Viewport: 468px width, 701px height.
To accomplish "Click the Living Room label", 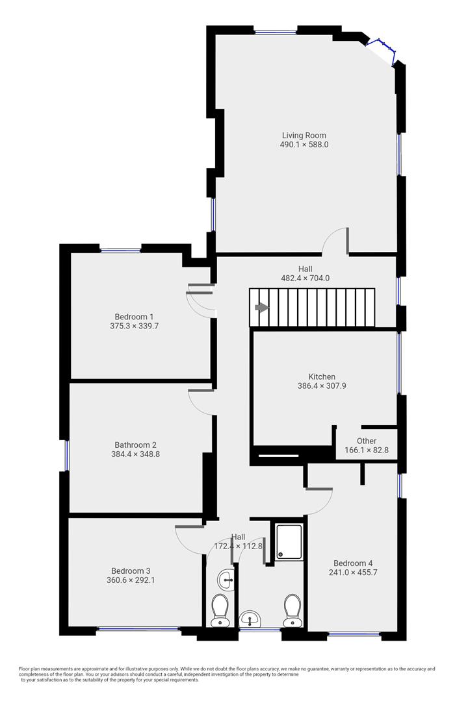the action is coord(304,135).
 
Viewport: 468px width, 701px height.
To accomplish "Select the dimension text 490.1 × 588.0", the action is coord(304,144).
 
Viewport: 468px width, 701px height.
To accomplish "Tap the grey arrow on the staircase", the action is coord(261,308).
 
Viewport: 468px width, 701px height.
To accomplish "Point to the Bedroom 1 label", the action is coord(134,317).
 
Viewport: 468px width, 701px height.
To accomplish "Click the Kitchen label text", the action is coord(322,376).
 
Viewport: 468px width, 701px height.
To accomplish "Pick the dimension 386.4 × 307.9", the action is coord(322,386).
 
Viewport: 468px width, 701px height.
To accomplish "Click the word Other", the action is coord(367,441).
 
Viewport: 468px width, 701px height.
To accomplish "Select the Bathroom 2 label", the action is coord(135,445).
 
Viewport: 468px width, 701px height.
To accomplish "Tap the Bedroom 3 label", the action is coord(131,571).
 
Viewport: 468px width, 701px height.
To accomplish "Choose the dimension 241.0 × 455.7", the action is coord(353,572).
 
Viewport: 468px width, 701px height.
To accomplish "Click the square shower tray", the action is coord(289,542).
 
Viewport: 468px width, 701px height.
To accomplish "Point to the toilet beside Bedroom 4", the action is coord(292,610).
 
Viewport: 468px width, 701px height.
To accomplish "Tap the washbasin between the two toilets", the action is coord(250,619).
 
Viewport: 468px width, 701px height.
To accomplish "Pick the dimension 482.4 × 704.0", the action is coord(305,278).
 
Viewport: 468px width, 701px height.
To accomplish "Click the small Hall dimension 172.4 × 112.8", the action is coord(238,546).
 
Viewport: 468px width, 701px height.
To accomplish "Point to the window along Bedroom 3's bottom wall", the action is coord(138,629).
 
